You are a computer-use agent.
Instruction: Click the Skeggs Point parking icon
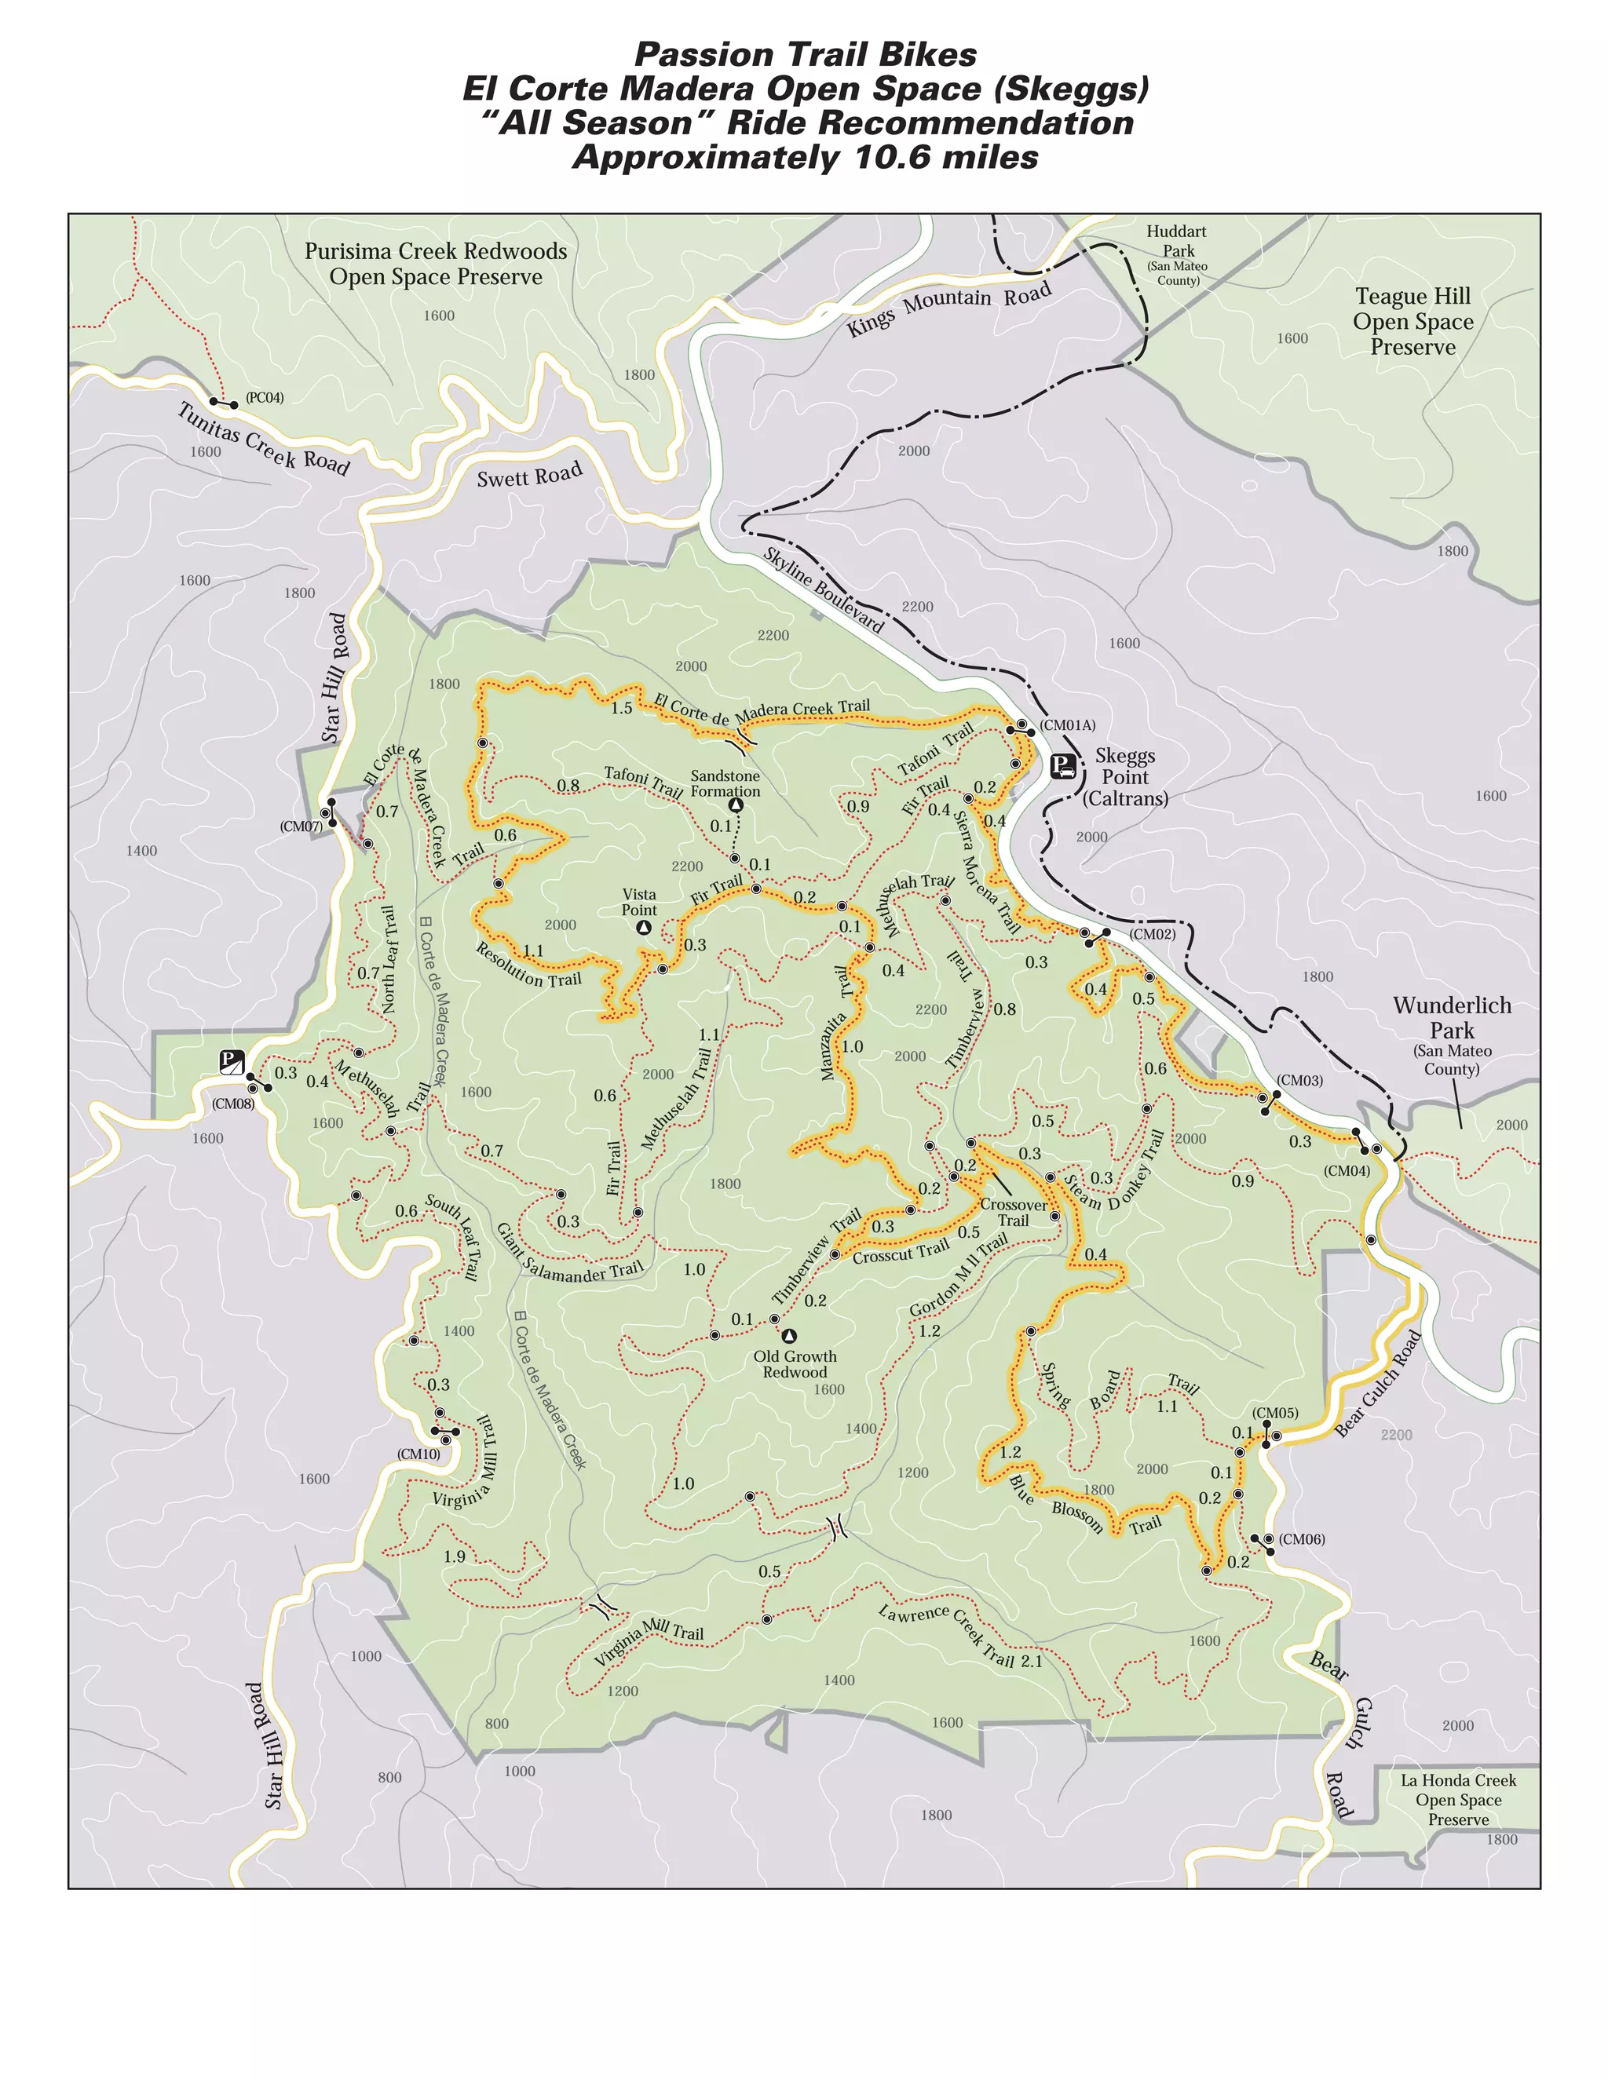pyautogui.click(x=1063, y=766)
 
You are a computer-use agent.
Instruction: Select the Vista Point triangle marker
pyautogui.click(x=644, y=927)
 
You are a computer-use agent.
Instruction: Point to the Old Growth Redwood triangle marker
pyautogui.click(x=789, y=1336)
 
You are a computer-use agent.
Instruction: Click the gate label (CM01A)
pyautogui.click(x=1067, y=724)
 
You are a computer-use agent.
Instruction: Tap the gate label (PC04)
pyautogui.click(x=264, y=397)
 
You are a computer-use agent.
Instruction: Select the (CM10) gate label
pyautogui.click(x=418, y=1454)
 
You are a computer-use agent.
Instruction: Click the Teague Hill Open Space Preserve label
pyautogui.click(x=1412, y=322)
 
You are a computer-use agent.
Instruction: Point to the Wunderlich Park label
pyautogui.click(x=1452, y=1018)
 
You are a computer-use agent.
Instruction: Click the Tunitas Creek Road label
pyautogui.click(x=264, y=439)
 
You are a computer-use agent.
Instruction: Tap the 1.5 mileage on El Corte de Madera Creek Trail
pyautogui.click(x=621, y=708)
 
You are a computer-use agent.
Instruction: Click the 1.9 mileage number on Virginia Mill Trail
pyautogui.click(x=455, y=1556)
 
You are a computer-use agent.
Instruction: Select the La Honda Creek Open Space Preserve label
pyautogui.click(x=1457, y=1799)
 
